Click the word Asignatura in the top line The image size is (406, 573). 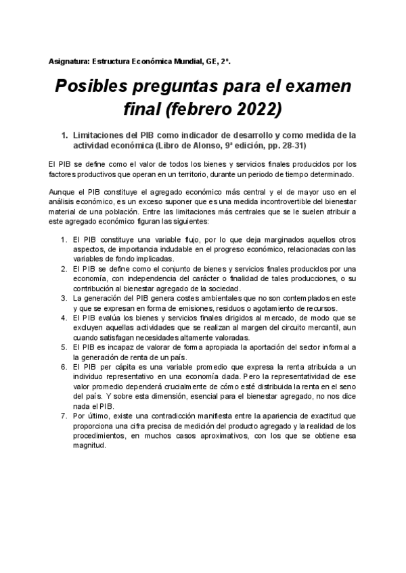pyautogui.click(x=68, y=61)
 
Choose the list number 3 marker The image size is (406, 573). pyautogui.click(x=64, y=297)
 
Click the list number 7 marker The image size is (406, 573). pyautogui.click(x=64, y=416)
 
